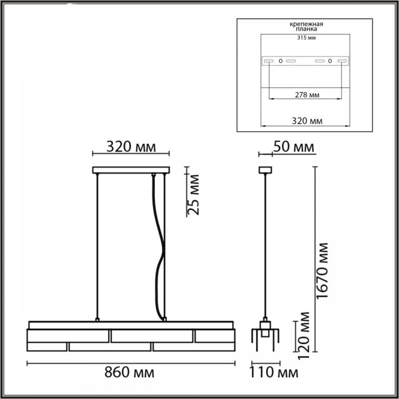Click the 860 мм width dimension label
point(129,373)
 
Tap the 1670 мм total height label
point(322,270)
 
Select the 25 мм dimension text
point(193,195)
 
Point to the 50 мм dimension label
point(294,147)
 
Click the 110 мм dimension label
point(273,373)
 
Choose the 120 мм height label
point(303,335)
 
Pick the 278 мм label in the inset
point(307,95)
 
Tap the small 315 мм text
point(307,38)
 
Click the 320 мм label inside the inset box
point(307,121)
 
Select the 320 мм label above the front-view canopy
point(131,147)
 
